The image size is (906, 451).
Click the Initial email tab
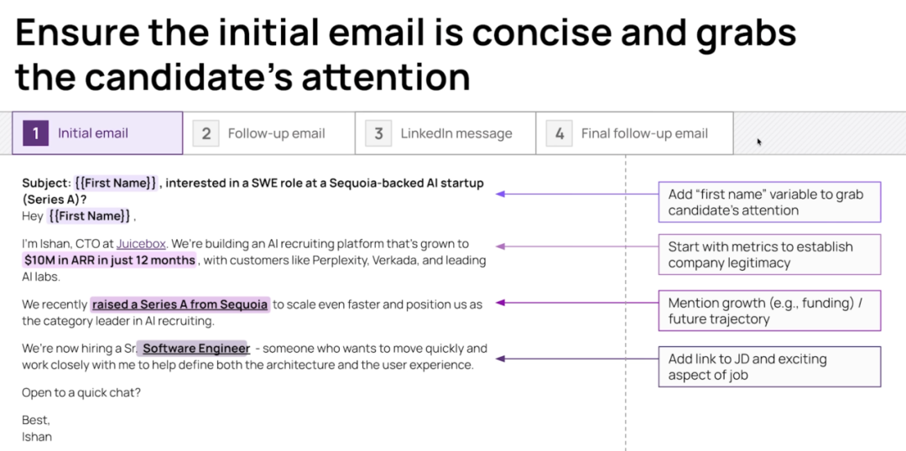[x=97, y=133]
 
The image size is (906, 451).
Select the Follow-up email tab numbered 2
[x=268, y=133]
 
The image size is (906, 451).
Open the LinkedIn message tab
[x=445, y=133]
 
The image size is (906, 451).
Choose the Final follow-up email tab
[x=634, y=133]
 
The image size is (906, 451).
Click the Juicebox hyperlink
[x=141, y=244]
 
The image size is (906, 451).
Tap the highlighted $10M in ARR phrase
[x=110, y=261]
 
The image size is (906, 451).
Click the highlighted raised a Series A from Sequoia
[x=180, y=304]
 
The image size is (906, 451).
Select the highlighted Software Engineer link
[x=195, y=349]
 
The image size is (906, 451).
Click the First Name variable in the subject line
[x=116, y=183]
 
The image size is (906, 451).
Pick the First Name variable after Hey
[x=88, y=216]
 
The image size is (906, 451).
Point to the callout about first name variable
[x=769, y=202]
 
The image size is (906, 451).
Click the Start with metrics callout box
[x=769, y=255]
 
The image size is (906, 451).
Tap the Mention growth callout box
[x=769, y=311]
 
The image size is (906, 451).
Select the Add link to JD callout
[x=769, y=366]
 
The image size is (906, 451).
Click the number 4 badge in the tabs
[x=560, y=133]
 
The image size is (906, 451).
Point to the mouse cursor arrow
[x=759, y=142]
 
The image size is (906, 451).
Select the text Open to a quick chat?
[x=81, y=392]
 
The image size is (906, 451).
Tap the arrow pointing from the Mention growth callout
[x=577, y=303]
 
